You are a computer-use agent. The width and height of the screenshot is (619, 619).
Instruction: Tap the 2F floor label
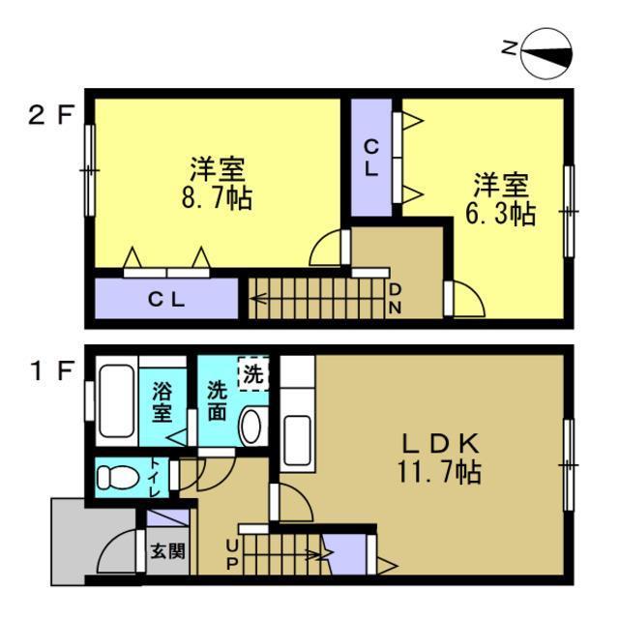50,117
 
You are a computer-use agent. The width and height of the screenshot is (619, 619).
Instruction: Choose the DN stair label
396,299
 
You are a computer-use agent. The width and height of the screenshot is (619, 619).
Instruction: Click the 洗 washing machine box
251,375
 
